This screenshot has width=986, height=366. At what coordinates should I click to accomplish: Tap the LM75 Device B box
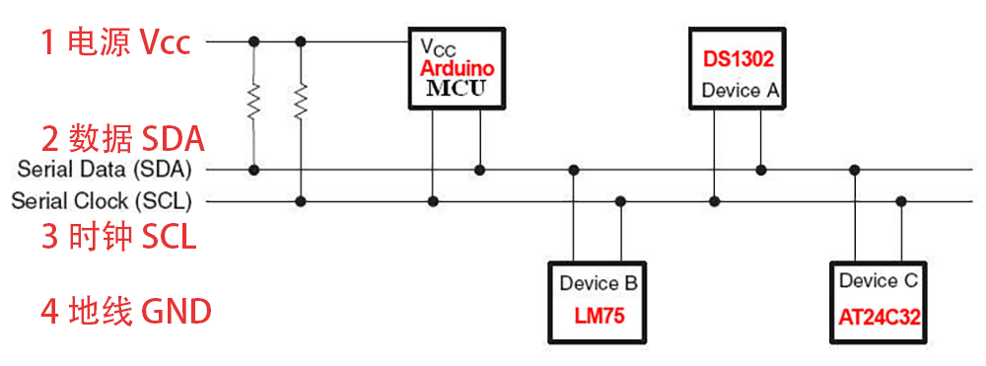[x=597, y=300]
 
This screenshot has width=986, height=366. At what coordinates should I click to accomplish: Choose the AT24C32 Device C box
[x=879, y=300]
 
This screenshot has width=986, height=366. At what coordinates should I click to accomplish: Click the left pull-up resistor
[x=253, y=100]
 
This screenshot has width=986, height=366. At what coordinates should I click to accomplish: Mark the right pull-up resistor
[x=302, y=100]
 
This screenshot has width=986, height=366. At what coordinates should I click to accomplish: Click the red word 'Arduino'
[x=457, y=69]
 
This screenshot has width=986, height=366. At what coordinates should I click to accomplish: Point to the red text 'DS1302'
[x=738, y=59]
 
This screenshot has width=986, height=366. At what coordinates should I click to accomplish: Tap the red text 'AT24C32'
[x=879, y=318]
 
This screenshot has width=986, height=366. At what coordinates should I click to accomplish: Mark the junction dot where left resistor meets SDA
[x=253, y=170]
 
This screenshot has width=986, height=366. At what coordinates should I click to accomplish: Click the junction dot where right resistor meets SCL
[x=302, y=201]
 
